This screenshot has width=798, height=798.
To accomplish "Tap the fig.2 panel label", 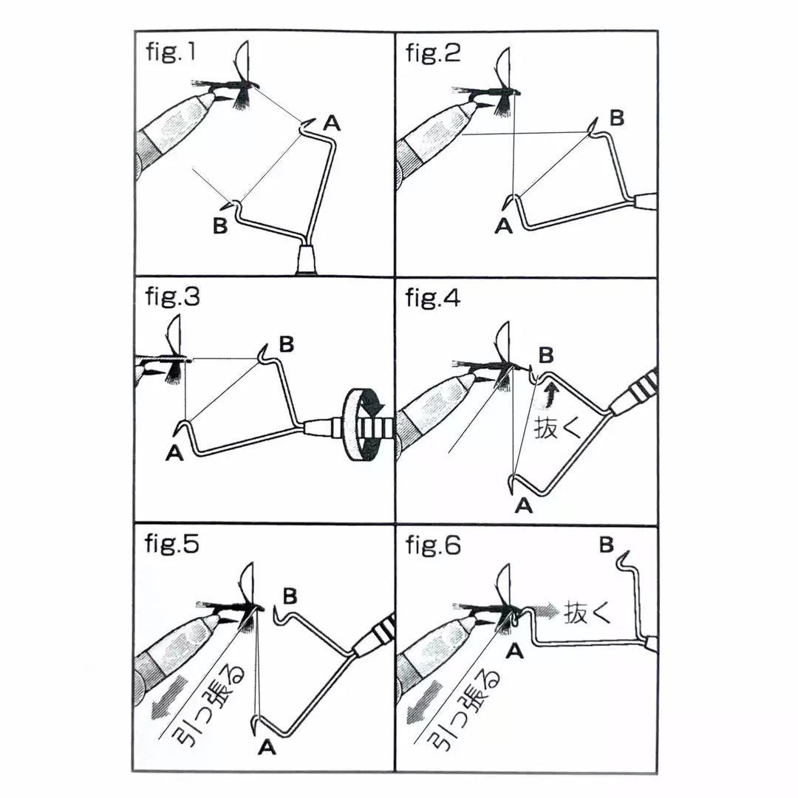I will pyautogui.click(x=433, y=55).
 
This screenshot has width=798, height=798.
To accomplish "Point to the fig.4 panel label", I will pyautogui.click(x=433, y=299).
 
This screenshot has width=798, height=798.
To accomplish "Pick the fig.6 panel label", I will pyautogui.click(x=433, y=545).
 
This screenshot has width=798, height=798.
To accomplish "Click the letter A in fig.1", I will pyautogui.click(x=332, y=124).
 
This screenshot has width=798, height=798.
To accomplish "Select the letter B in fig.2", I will pyautogui.click(x=616, y=117).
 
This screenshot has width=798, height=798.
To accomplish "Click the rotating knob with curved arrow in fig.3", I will pyautogui.click(x=365, y=426).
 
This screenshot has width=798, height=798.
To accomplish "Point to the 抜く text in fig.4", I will pyautogui.click(x=558, y=428).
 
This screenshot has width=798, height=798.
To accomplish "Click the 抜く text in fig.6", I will pyautogui.click(x=588, y=612).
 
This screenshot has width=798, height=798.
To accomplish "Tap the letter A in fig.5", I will pyautogui.click(x=267, y=748).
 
